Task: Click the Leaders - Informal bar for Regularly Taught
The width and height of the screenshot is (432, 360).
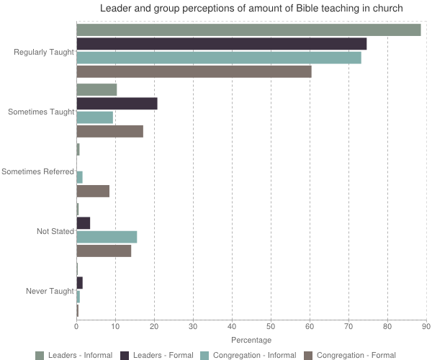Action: click(x=248, y=30)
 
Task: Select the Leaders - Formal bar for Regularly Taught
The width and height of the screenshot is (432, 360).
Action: click(x=222, y=44)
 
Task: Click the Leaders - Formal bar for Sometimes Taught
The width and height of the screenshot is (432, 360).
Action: click(x=117, y=104)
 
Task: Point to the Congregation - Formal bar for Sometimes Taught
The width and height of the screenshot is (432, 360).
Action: click(x=109, y=132)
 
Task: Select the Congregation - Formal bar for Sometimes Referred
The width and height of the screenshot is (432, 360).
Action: click(x=93, y=192)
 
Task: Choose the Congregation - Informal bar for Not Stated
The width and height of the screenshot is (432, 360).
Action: click(x=107, y=237)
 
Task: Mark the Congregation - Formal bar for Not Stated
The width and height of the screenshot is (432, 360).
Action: click(x=104, y=251)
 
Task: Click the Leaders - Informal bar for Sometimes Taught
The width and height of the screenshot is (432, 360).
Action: click(x=96, y=90)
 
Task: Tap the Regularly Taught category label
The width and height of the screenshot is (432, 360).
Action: click(x=44, y=52)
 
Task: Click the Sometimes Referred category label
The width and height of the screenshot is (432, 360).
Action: click(x=38, y=171)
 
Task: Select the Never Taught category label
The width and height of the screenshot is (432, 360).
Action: click(x=50, y=291)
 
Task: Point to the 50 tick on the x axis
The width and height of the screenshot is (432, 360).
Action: click(x=271, y=326)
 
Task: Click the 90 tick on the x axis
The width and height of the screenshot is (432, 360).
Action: click(x=426, y=326)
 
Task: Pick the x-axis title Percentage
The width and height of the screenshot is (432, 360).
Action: click(x=251, y=340)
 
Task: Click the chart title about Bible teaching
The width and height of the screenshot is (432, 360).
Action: click(x=251, y=9)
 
